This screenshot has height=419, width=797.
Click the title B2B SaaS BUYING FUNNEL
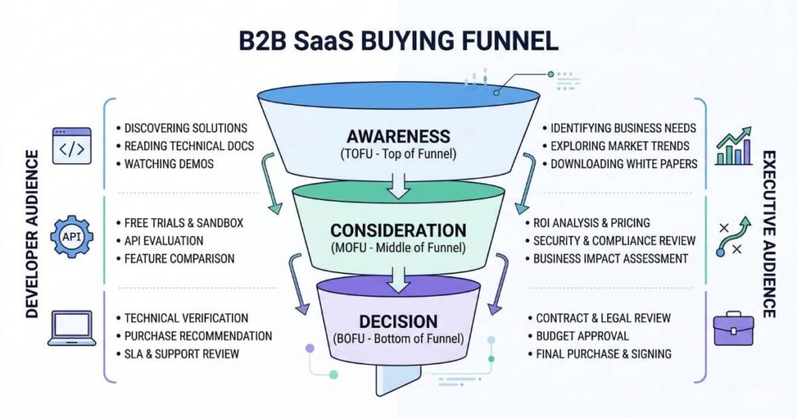click(398, 40)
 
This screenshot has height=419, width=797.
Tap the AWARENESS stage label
click(398, 136)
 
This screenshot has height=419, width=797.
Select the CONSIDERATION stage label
click(398, 231)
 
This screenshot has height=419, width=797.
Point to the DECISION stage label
click(398, 321)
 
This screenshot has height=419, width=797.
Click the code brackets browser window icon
click(72, 146)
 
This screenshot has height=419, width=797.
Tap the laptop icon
click(72, 328)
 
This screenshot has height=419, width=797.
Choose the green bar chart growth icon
click(733, 146)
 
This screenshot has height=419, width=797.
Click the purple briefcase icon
click(733, 328)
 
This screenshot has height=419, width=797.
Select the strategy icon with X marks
click(734, 238)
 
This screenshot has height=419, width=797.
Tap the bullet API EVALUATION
click(163, 241)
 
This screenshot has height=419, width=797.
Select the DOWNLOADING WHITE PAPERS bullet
click(623, 164)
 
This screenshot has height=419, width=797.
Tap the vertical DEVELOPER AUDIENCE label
click(32, 234)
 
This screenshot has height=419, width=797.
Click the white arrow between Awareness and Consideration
click(398, 184)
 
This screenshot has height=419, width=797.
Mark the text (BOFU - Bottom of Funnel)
click(398, 339)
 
